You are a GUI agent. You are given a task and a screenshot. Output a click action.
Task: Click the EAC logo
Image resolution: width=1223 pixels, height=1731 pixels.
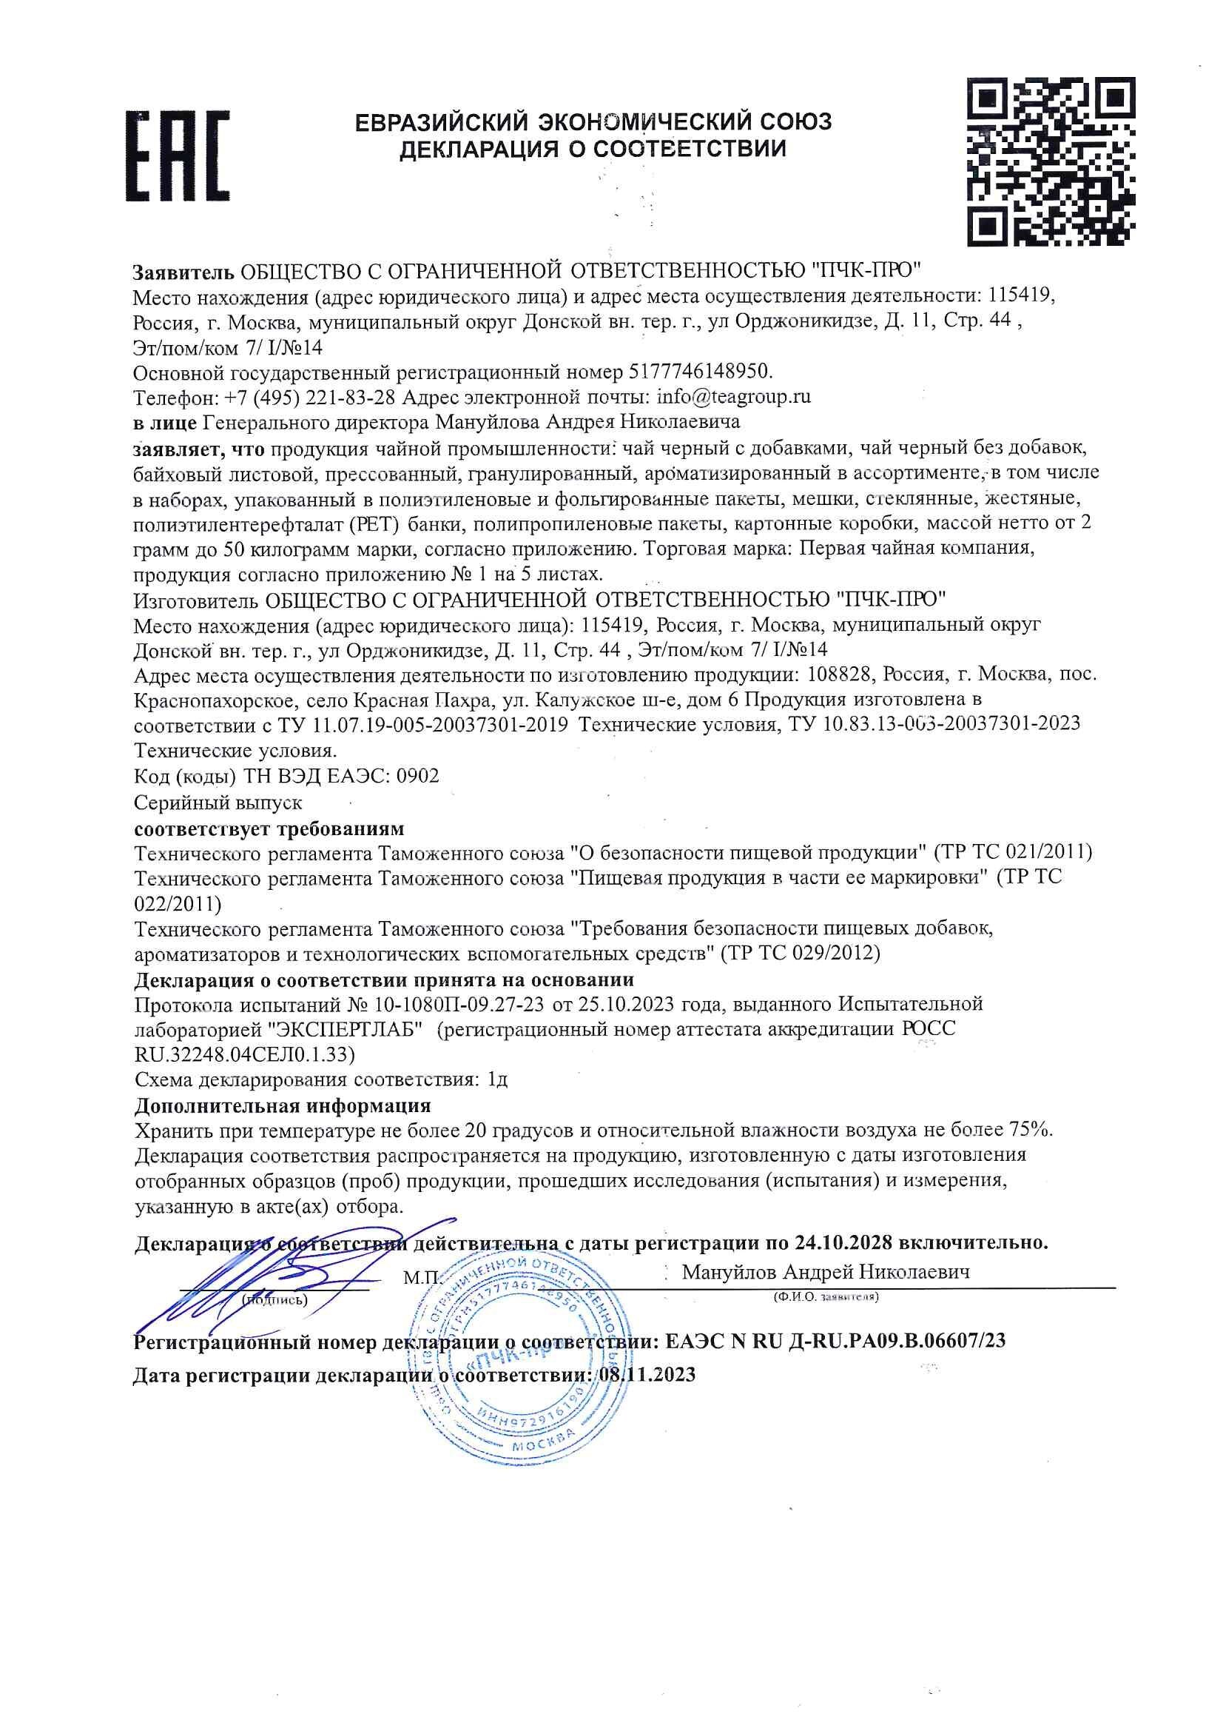pos(177,156)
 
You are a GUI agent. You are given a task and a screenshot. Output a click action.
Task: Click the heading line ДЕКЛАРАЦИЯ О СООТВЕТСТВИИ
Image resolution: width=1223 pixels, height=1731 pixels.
pos(593,149)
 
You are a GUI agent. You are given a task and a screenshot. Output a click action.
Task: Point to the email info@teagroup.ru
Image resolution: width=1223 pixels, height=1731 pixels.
pos(734,397)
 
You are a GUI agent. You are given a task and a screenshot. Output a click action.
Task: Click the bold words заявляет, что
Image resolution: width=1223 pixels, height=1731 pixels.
pos(199,449)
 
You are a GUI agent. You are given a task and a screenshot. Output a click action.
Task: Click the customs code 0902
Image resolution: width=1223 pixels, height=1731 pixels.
pos(417,776)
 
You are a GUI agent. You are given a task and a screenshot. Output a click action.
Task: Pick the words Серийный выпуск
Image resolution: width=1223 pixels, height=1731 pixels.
pos(218,802)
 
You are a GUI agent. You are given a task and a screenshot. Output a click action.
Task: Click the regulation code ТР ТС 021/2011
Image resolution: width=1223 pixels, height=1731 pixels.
pos(1013,853)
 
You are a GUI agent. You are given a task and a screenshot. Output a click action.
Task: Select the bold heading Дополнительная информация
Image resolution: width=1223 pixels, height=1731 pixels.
pos(283,1105)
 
